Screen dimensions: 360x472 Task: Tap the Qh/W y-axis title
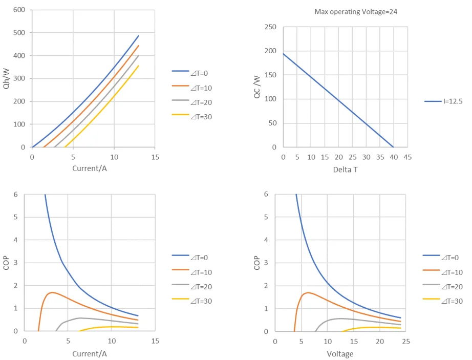pyautogui.click(x=7, y=79)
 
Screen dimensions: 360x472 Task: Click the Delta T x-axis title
pyautogui.click(x=345, y=170)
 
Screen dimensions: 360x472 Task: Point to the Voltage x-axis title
pyautogui.click(x=340, y=354)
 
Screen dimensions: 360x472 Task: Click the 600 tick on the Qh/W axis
pyautogui.click(x=19, y=10)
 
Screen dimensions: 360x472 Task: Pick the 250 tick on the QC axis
pyautogui.click(x=270, y=27)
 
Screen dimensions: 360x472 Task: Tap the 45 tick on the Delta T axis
pyautogui.click(x=407, y=158)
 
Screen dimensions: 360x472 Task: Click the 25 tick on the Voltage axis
pyautogui.click(x=404, y=342)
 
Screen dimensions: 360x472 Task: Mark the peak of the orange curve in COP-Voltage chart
pyautogui.click(x=308, y=292)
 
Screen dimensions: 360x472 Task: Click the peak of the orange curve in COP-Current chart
pyautogui.click(x=52, y=292)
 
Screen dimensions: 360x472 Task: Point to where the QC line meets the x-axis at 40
pyautogui.click(x=394, y=147)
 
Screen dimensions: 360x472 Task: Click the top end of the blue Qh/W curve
pyautogui.click(x=139, y=35)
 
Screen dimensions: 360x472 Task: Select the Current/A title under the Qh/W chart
pyautogui.click(x=90, y=168)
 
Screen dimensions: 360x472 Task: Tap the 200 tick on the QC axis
pyautogui.click(x=270, y=51)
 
